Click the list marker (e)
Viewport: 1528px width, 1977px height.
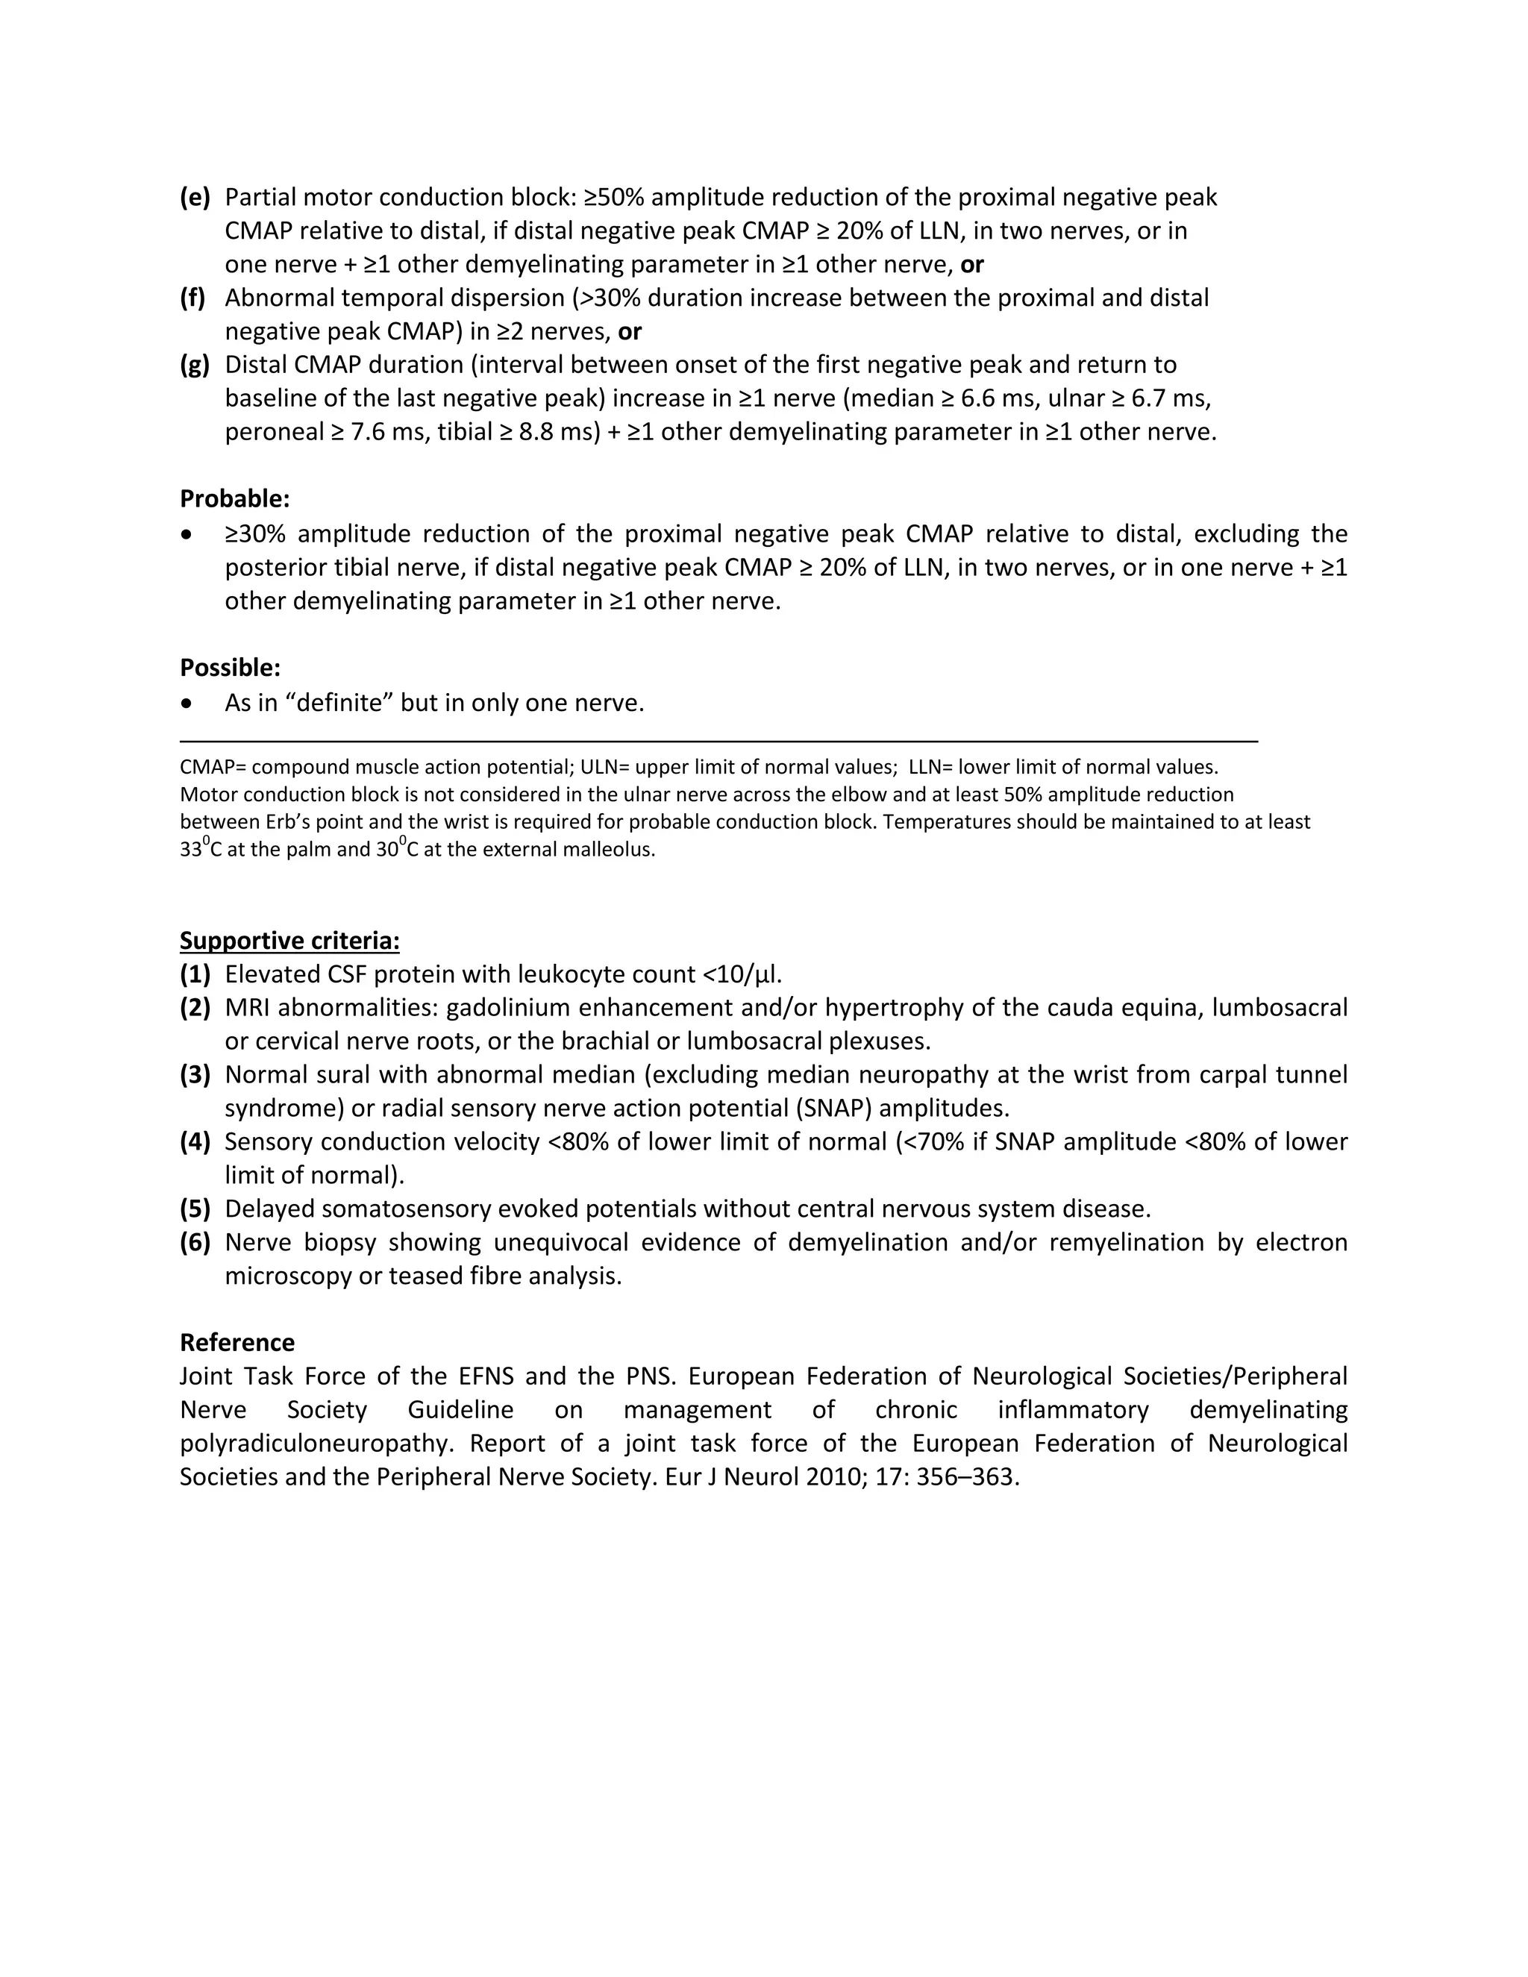pos(195,198)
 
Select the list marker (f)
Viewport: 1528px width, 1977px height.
pos(192,298)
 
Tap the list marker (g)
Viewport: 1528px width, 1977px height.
pos(195,365)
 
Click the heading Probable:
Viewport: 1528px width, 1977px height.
pos(234,499)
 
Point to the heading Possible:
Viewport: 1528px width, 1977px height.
pos(230,668)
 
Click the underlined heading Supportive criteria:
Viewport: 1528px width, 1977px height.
pos(289,941)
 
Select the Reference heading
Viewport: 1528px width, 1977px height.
pos(237,1342)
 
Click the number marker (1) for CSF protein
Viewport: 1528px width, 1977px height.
pos(195,975)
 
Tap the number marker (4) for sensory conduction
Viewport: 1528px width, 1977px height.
pos(195,1142)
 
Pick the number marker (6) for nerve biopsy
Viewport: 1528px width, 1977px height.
pos(195,1243)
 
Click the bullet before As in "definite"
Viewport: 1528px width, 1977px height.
pos(187,704)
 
